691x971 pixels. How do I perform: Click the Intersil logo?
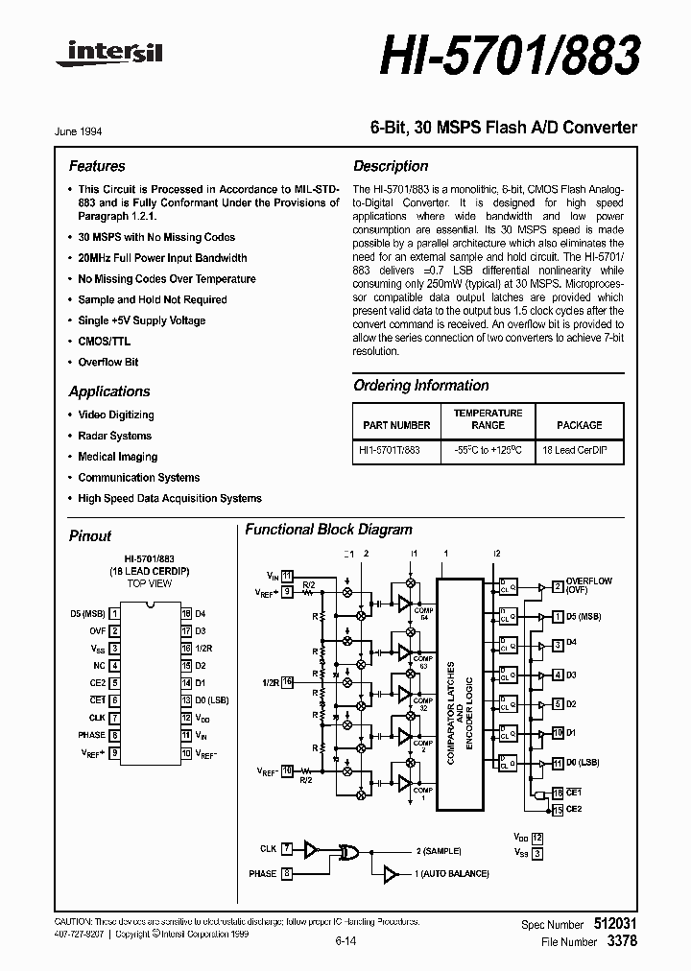(109, 56)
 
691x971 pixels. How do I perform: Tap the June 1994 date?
(87, 131)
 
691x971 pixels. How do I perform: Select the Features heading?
(97, 166)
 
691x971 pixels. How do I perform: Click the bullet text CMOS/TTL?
(104, 341)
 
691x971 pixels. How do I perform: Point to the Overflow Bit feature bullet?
(107, 362)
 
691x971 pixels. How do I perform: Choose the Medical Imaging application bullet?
(117, 457)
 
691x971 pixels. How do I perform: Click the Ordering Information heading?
(421, 386)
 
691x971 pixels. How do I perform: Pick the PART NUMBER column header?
(396, 424)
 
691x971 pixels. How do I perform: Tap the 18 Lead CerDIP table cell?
(576, 450)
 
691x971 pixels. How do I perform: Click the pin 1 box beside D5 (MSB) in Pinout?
(114, 613)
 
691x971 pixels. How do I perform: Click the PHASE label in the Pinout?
(92, 735)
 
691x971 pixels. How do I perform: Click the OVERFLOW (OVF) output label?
(588, 585)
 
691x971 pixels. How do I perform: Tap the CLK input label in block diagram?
(268, 849)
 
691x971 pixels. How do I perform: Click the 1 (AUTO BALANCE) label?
(452, 874)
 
